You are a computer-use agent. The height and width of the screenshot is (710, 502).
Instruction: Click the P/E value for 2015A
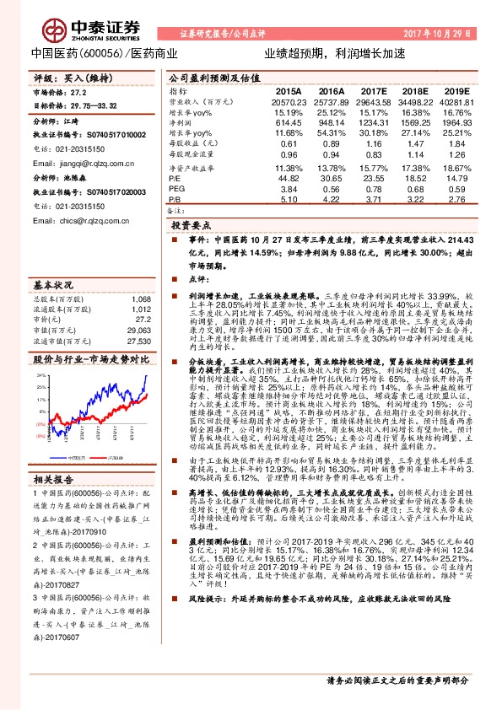(289, 178)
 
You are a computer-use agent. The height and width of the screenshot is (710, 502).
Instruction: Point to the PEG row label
(176, 189)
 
